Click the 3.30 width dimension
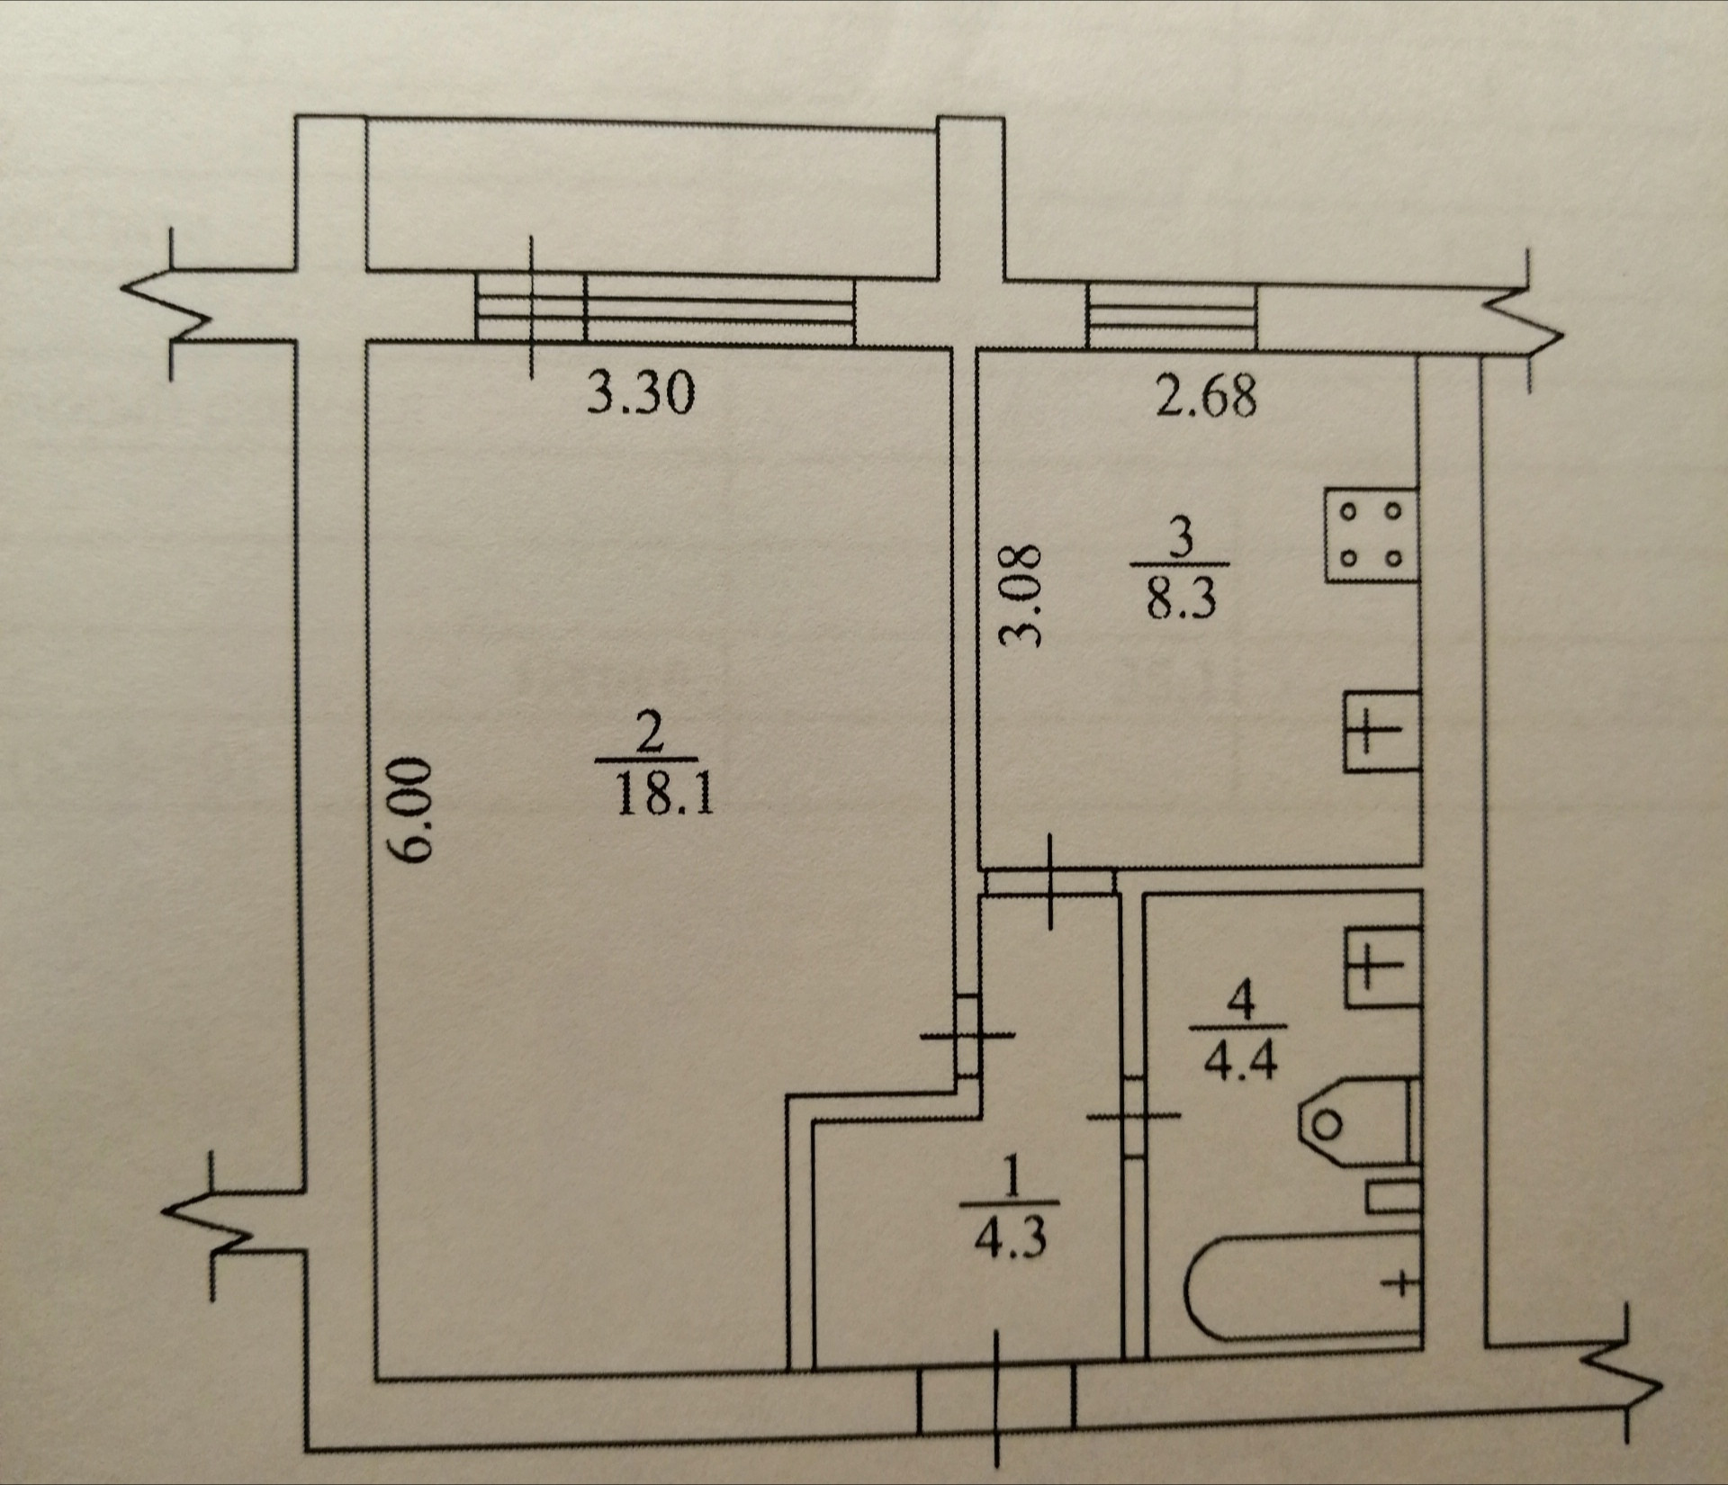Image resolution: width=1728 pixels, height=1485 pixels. (x=641, y=394)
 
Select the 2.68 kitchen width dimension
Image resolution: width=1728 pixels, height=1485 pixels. (x=1205, y=398)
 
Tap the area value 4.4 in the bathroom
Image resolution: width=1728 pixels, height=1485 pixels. (x=1240, y=1063)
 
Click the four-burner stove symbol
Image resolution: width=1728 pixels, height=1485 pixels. (x=1371, y=535)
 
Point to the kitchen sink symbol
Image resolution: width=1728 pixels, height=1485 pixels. (x=1381, y=731)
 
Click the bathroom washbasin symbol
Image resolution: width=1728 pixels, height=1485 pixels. (x=1382, y=967)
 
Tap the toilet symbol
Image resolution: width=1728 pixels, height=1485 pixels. (x=1354, y=1121)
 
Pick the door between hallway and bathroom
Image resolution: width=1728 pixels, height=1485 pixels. (x=1134, y=1116)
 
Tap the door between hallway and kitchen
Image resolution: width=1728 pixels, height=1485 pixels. (x=1051, y=883)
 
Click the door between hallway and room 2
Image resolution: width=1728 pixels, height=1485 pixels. (x=967, y=1036)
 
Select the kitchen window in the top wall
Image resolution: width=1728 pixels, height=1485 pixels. (x=1171, y=317)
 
